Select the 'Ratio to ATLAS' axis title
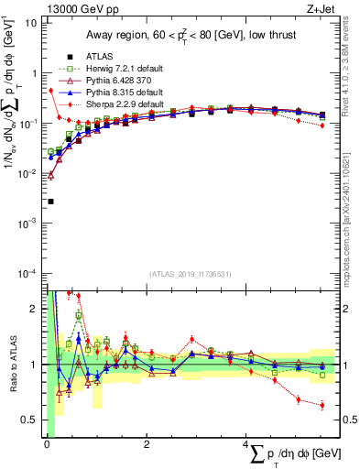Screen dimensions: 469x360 point(12,364)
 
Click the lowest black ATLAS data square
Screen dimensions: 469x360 point(51,202)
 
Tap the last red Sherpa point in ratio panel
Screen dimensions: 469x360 point(322,405)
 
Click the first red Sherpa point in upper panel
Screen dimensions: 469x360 point(51,91)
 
